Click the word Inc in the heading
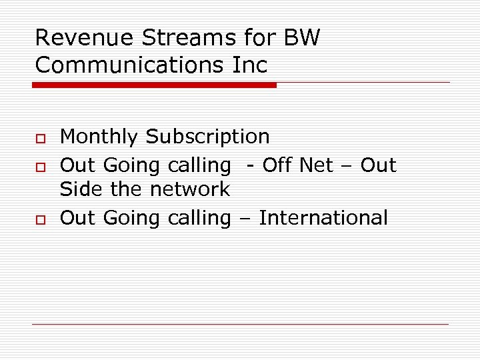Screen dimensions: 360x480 click(x=251, y=65)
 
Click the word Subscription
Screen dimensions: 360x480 click(x=207, y=137)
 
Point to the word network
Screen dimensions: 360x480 click(x=189, y=189)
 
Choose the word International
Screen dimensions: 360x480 click(x=323, y=218)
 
